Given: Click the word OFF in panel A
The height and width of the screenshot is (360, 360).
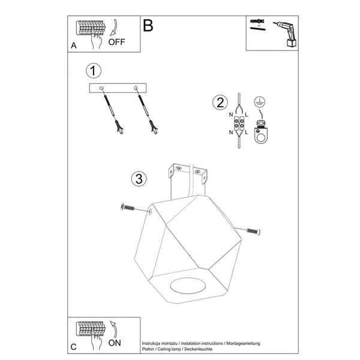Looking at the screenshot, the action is pyautogui.click(x=116, y=42).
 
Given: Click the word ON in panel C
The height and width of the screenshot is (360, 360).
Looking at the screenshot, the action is pyautogui.click(x=115, y=343).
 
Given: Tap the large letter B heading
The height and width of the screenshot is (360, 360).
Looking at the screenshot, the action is pyautogui.click(x=148, y=25).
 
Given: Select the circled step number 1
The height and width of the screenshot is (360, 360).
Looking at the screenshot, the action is pyautogui.click(x=94, y=70).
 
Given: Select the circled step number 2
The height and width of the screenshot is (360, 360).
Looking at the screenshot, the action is pyautogui.click(x=220, y=103).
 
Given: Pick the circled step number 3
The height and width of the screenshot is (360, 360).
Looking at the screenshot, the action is pyautogui.click(x=139, y=179).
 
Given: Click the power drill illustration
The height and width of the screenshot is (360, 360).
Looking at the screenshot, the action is pyautogui.click(x=286, y=34).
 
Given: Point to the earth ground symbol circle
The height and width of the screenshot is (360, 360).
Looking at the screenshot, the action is pyautogui.click(x=260, y=102).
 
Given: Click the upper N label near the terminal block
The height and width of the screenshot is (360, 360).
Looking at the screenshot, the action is pyautogui.click(x=231, y=115).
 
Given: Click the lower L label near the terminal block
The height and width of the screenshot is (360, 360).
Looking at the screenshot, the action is pyautogui.click(x=247, y=133).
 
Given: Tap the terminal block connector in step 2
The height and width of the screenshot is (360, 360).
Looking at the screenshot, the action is pyautogui.click(x=239, y=123).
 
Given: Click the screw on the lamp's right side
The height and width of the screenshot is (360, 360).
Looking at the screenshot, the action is pyautogui.click(x=253, y=232).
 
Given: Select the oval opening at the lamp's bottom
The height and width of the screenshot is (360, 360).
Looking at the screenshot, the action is pyautogui.click(x=188, y=286).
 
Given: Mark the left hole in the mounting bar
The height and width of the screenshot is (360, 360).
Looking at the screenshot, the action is pyautogui.click(x=101, y=88).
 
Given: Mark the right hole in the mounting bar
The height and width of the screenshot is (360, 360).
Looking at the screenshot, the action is pyautogui.click(x=136, y=88).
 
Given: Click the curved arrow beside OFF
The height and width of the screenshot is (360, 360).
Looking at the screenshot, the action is pyautogui.click(x=114, y=28).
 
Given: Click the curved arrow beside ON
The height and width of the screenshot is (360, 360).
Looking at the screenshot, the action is pyautogui.click(x=114, y=329).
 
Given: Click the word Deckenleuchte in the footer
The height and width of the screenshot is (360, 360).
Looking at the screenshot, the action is pyautogui.click(x=199, y=349).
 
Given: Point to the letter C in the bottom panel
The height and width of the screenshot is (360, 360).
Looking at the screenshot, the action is pyautogui.click(x=73, y=347).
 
